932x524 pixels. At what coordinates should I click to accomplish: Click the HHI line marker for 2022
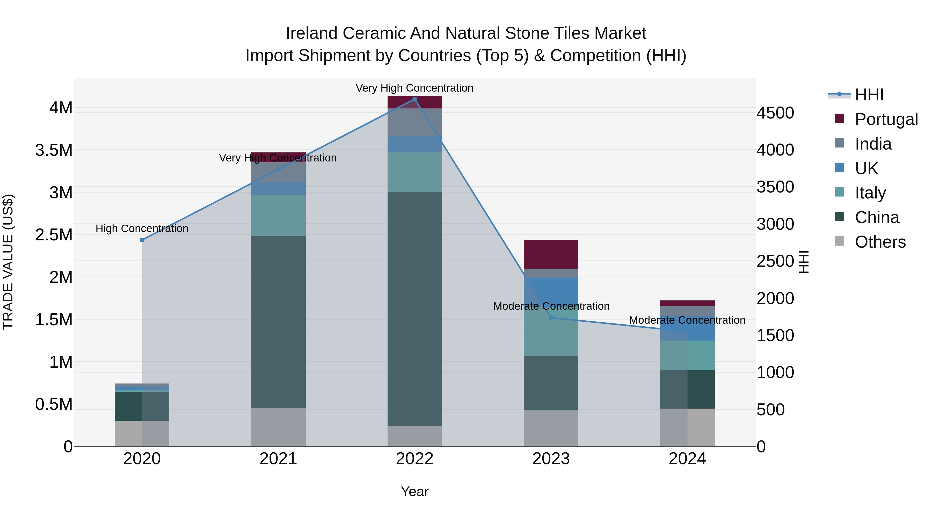(x=415, y=99)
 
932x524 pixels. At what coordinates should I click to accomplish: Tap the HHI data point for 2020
(x=142, y=240)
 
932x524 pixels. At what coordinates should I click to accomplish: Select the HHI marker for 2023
(x=551, y=318)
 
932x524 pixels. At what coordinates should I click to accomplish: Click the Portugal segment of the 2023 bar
(x=551, y=254)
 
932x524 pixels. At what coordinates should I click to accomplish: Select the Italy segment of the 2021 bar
(x=278, y=215)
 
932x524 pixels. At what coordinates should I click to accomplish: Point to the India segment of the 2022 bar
(x=415, y=122)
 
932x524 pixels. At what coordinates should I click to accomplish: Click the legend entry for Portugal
(x=886, y=119)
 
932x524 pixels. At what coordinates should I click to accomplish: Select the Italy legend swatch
(x=839, y=192)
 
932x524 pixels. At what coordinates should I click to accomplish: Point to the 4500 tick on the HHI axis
(x=775, y=113)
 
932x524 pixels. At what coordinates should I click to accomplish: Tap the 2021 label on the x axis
(x=278, y=459)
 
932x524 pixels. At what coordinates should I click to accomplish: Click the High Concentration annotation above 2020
(x=142, y=228)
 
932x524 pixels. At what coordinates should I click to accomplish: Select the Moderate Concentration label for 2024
(x=687, y=320)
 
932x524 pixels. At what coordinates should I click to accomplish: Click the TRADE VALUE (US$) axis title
(x=8, y=262)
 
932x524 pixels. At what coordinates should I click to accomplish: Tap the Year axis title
(x=415, y=491)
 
